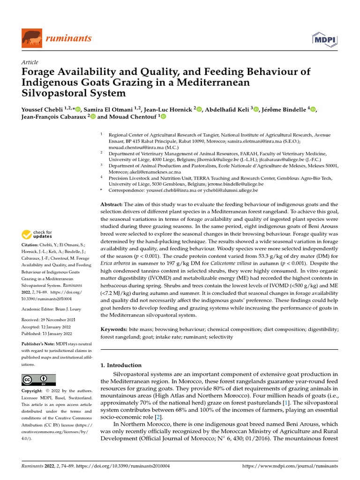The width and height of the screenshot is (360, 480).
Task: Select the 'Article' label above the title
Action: (30, 62)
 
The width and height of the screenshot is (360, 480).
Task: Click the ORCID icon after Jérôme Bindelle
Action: (313, 109)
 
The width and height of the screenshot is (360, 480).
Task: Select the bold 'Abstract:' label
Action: (112, 204)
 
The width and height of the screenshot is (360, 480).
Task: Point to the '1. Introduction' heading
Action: (121, 365)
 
